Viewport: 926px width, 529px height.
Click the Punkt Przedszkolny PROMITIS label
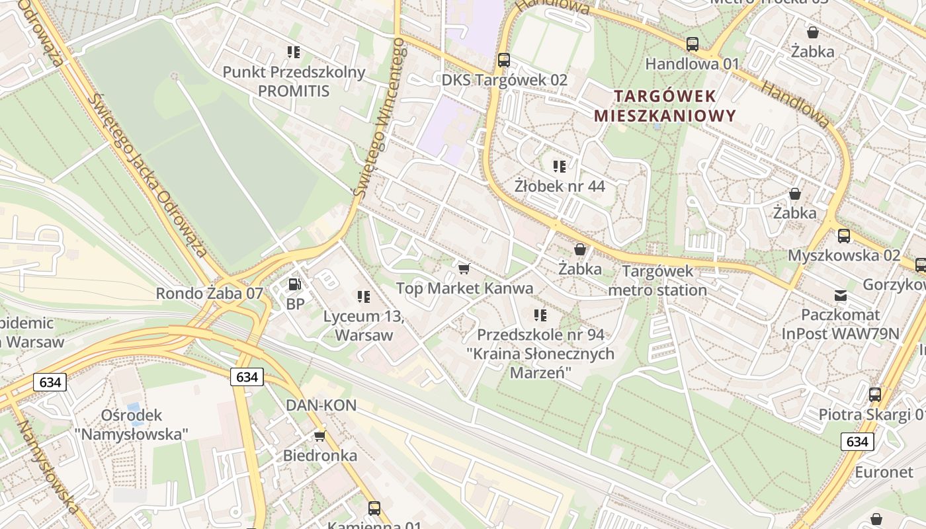294,81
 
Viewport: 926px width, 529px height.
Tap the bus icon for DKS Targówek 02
504,60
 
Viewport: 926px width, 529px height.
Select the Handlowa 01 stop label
692,64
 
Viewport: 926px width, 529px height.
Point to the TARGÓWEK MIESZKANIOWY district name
664,106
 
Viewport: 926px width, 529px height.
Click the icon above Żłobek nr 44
560,166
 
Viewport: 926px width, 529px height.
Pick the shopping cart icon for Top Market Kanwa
464,268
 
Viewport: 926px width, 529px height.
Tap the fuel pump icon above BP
295,284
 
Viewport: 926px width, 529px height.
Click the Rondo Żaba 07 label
209,293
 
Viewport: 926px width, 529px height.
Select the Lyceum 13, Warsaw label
363,325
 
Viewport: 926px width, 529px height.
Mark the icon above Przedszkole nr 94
540,315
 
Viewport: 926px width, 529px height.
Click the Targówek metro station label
657,280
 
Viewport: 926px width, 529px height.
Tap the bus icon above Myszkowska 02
844,235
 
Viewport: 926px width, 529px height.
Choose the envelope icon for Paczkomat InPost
840,295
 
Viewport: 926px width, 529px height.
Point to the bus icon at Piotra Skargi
875,395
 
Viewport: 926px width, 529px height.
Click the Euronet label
884,472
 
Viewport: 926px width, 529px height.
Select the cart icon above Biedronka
320,436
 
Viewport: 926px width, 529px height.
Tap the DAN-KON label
321,405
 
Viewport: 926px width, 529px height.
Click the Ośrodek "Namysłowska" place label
132,425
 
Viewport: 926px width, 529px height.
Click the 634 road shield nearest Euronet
857,442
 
